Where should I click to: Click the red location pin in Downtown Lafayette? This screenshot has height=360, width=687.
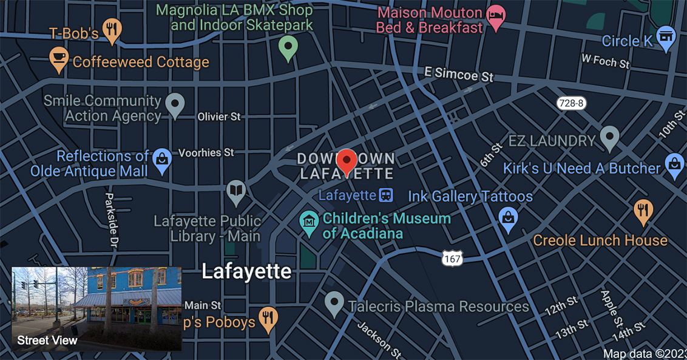pos(347,160)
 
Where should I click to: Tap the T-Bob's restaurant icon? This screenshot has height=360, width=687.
pos(112,30)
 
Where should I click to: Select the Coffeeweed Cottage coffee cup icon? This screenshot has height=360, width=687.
pos(59,59)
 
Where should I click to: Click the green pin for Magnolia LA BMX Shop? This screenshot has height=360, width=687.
pos(288,47)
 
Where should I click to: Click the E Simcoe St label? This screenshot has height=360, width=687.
pos(459,75)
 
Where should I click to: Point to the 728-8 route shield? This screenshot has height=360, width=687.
pos(571,103)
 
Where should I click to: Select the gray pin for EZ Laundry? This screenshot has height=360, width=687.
pos(609,137)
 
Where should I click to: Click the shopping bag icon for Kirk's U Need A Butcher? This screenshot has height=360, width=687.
pos(674,165)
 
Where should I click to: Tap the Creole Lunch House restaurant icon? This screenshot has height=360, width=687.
pos(643,211)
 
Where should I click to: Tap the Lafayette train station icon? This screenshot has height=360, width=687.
pos(386,195)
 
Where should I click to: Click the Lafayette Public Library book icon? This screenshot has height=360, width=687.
pos(235,191)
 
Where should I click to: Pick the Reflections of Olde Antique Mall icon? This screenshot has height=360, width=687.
pos(162,160)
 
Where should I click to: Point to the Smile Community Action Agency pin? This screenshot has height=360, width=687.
pos(175,104)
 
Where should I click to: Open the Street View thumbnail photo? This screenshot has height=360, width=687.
pos(96,309)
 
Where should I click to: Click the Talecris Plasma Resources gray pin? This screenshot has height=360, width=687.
pos(334,302)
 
